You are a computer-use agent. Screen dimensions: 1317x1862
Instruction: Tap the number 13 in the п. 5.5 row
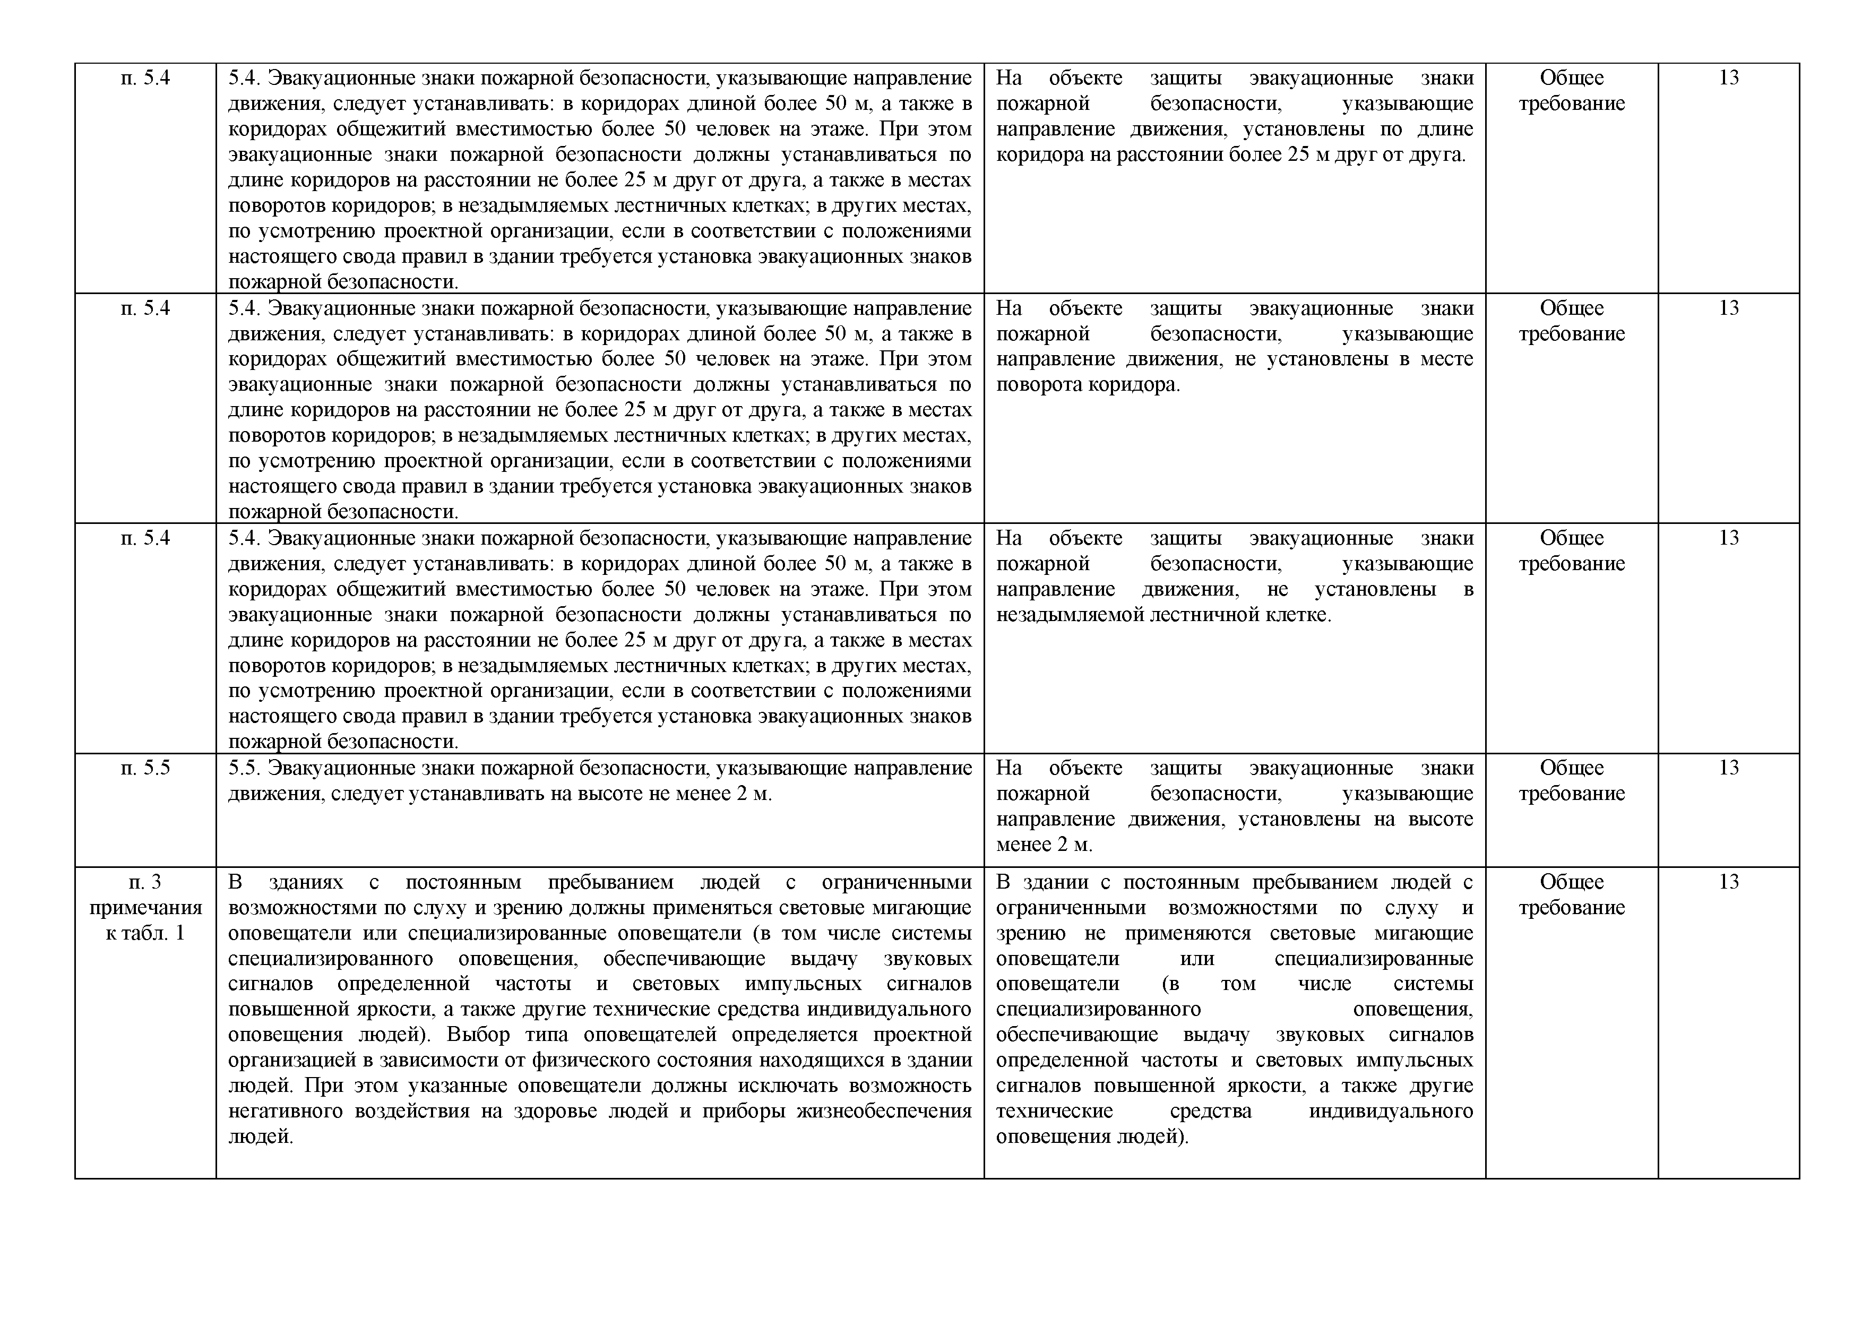1728,768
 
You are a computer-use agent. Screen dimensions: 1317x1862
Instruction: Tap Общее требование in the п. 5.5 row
1571,780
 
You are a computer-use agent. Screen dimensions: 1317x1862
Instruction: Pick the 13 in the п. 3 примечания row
1728,882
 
